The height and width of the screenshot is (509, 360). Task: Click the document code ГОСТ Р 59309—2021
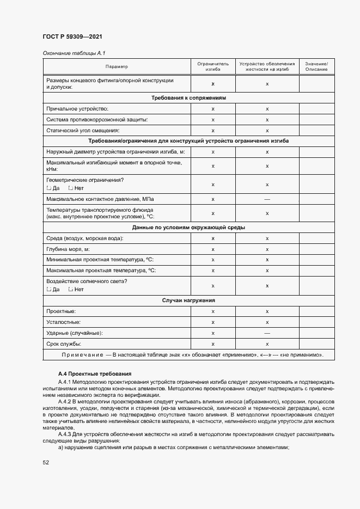[x=72, y=36]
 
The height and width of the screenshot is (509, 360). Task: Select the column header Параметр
[x=117, y=67]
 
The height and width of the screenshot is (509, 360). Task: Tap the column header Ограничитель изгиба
[x=213, y=67]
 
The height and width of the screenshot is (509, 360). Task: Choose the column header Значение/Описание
[x=316, y=67]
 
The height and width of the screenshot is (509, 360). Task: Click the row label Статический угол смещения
[x=83, y=131]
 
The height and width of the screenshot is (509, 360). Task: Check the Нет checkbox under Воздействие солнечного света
[x=71, y=289]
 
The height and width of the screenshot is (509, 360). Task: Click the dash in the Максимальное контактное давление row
[x=267, y=199]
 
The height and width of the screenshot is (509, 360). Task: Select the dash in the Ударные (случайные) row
[x=267, y=333]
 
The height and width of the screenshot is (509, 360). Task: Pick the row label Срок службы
[x=64, y=344]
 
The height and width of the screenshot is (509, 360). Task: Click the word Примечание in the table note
[x=83, y=355]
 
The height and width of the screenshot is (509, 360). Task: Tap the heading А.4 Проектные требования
[x=95, y=373]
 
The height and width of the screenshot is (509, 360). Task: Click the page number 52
[x=46, y=463]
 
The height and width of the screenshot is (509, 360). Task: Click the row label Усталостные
[x=64, y=322]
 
